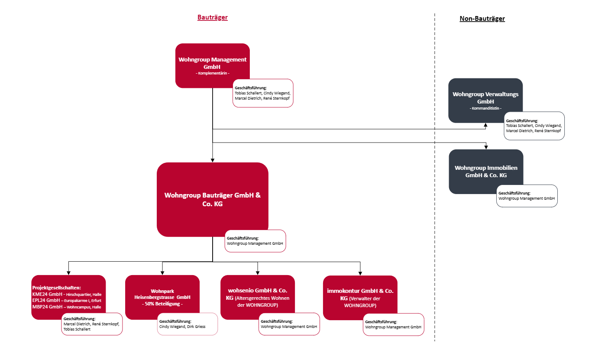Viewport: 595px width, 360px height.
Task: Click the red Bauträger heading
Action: (x=213, y=17)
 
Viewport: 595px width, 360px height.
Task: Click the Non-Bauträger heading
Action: (x=482, y=19)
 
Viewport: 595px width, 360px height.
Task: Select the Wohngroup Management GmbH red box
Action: (x=213, y=65)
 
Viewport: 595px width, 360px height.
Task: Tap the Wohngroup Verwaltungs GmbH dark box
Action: (x=485, y=101)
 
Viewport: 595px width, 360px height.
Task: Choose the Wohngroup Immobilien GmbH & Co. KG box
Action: (x=486, y=172)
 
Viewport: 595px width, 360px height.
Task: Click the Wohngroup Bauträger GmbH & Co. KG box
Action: (x=213, y=200)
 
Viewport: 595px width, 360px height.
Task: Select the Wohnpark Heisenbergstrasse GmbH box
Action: (x=162, y=297)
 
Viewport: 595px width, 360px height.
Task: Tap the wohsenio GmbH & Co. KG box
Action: (x=257, y=297)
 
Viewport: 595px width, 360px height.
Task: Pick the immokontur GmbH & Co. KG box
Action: (x=360, y=298)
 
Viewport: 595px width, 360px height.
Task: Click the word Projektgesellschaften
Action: (x=56, y=288)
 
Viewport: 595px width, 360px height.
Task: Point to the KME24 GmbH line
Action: (x=67, y=294)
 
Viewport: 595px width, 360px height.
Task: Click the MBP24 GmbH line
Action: (x=67, y=307)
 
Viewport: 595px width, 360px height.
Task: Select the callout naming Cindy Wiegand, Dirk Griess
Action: (x=187, y=324)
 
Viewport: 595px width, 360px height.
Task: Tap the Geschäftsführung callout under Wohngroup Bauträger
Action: (x=255, y=241)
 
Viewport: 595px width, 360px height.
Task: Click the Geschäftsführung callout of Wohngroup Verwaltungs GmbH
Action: (x=534, y=126)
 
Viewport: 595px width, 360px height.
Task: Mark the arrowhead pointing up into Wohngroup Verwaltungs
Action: (x=485, y=125)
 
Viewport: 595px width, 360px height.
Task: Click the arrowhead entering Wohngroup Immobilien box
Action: (x=486, y=147)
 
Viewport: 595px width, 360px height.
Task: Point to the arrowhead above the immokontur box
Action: (x=360, y=273)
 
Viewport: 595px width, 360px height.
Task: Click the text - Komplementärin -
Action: (x=213, y=73)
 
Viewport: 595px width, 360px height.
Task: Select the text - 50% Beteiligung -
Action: (x=162, y=304)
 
